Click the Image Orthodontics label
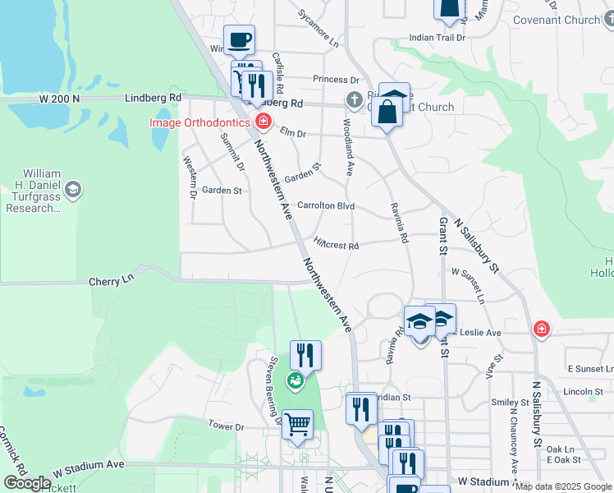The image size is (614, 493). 199,123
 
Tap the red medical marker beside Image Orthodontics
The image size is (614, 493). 263,123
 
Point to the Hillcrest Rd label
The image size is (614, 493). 337,244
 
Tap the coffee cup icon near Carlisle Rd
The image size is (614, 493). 240,39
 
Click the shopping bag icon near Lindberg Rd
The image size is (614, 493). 387,112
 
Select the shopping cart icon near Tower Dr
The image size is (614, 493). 297,425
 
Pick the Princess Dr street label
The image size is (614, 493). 336,80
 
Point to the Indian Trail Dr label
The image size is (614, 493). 437,37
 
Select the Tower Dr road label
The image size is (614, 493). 227,426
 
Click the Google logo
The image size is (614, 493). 26,483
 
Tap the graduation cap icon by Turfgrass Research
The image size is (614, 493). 72,191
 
